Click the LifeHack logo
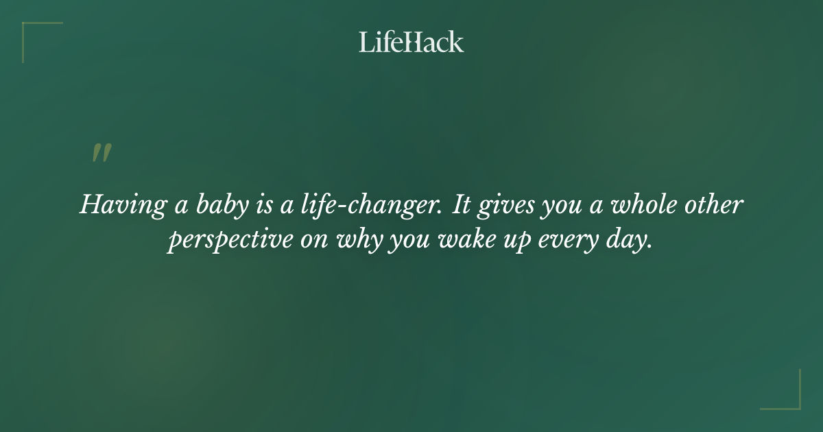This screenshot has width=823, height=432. coord(411,42)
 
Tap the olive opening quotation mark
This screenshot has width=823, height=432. coord(102,153)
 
